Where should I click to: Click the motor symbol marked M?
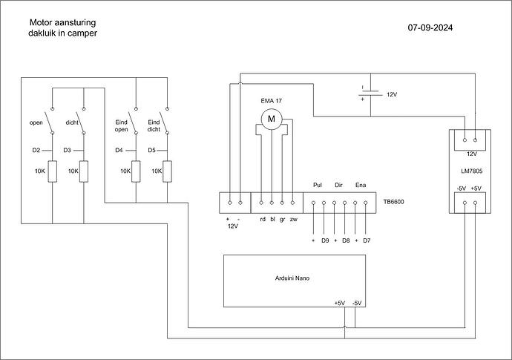pos(272,119)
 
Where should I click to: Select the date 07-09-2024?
pos(430,27)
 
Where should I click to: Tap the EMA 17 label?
pos(271,101)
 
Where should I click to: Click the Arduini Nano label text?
pos(292,278)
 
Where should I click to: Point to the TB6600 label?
pos(393,202)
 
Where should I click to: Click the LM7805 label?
pos(471,171)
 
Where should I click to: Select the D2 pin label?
pos(36,150)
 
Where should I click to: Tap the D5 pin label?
pos(151,150)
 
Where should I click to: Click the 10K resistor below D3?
pos(84,171)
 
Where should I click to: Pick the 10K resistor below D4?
pos(136,171)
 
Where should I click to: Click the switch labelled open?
pos(50,122)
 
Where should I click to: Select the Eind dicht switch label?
pos(154,125)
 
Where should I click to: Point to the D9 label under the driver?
pos(325,240)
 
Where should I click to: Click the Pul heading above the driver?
pos(318,185)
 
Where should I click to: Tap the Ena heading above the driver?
pos(361,185)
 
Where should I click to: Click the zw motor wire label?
pos(294,220)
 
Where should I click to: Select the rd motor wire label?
pos(263,219)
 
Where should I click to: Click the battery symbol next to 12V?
pos(370,93)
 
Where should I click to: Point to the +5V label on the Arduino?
pos(340,303)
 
